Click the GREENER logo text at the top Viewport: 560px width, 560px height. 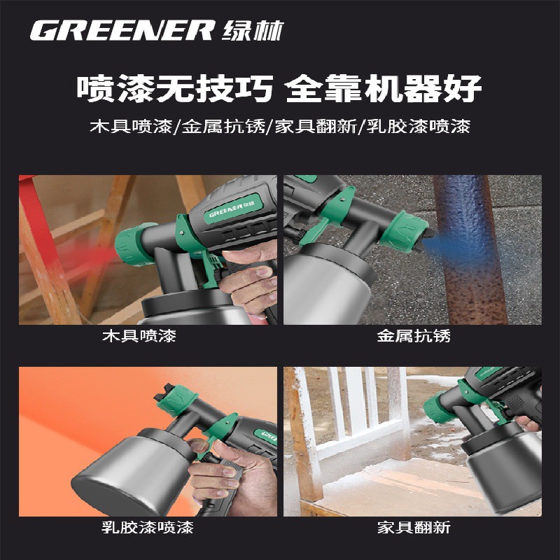122,30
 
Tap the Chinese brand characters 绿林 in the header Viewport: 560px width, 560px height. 253,31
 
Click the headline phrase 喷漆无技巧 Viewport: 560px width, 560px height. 175,89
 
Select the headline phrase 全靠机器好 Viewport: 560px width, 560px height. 384,89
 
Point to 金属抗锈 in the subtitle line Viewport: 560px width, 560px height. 223,127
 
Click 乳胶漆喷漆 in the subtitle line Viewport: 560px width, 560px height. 419,127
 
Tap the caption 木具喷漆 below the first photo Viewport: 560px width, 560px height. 139,336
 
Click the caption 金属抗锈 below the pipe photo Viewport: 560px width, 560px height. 414,336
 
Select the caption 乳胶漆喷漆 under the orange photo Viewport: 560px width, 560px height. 148,528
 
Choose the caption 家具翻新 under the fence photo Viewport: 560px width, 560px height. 414,528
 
